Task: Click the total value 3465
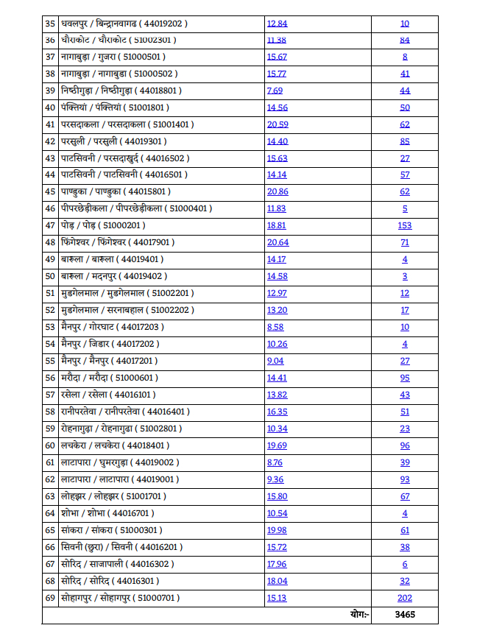pyautogui.click(x=405, y=615)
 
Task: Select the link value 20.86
pyautogui.click(x=278, y=191)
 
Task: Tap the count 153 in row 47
pyautogui.click(x=405, y=225)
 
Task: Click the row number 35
pyautogui.click(x=50, y=23)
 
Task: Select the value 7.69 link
pyautogui.click(x=275, y=90)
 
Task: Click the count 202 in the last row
pyautogui.click(x=405, y=598)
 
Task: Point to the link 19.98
pyautogui.click(x=277, y=530)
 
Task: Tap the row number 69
pyautogui.click(x=50, y=598)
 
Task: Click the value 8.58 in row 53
pyautogui.click(x=275, y=327)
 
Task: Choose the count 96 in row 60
pyautogui.click(x=405, y=445)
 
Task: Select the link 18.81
pyautogui.click(x=277, y=225)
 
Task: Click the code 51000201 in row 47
pyautogui.click(x=122, y=225)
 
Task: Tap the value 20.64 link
pyautogui.click(x=278, y=242)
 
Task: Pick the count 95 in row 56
pyautogui.click(x=405, y=378)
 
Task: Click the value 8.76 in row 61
pyautogui.click(x=275, y=462)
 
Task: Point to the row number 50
pyautogui.click(x=50, y=276)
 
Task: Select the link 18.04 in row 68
pyautogui.click(x=277, y=581)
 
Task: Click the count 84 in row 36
pyautogui.click(x=405, y=40)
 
